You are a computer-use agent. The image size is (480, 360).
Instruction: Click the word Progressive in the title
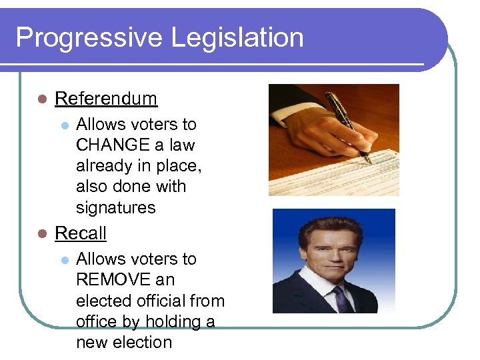(x=89, y=38)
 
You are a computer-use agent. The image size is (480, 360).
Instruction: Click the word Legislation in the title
(x=237, y=38)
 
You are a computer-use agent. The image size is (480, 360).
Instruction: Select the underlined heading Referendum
(x=106, y=99)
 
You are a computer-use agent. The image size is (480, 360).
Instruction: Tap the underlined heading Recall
(x=81, y=233)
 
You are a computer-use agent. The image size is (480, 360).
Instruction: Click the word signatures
(x=115, y=207)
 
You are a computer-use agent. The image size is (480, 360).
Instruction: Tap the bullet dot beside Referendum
(x=41, y=99)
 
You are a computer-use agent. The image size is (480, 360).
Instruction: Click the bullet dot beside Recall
(x=41, y=234)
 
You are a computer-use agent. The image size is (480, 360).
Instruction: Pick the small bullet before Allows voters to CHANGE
(x=64, y=125)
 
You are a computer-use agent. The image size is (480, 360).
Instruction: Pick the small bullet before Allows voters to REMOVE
(x=64, y=259)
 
